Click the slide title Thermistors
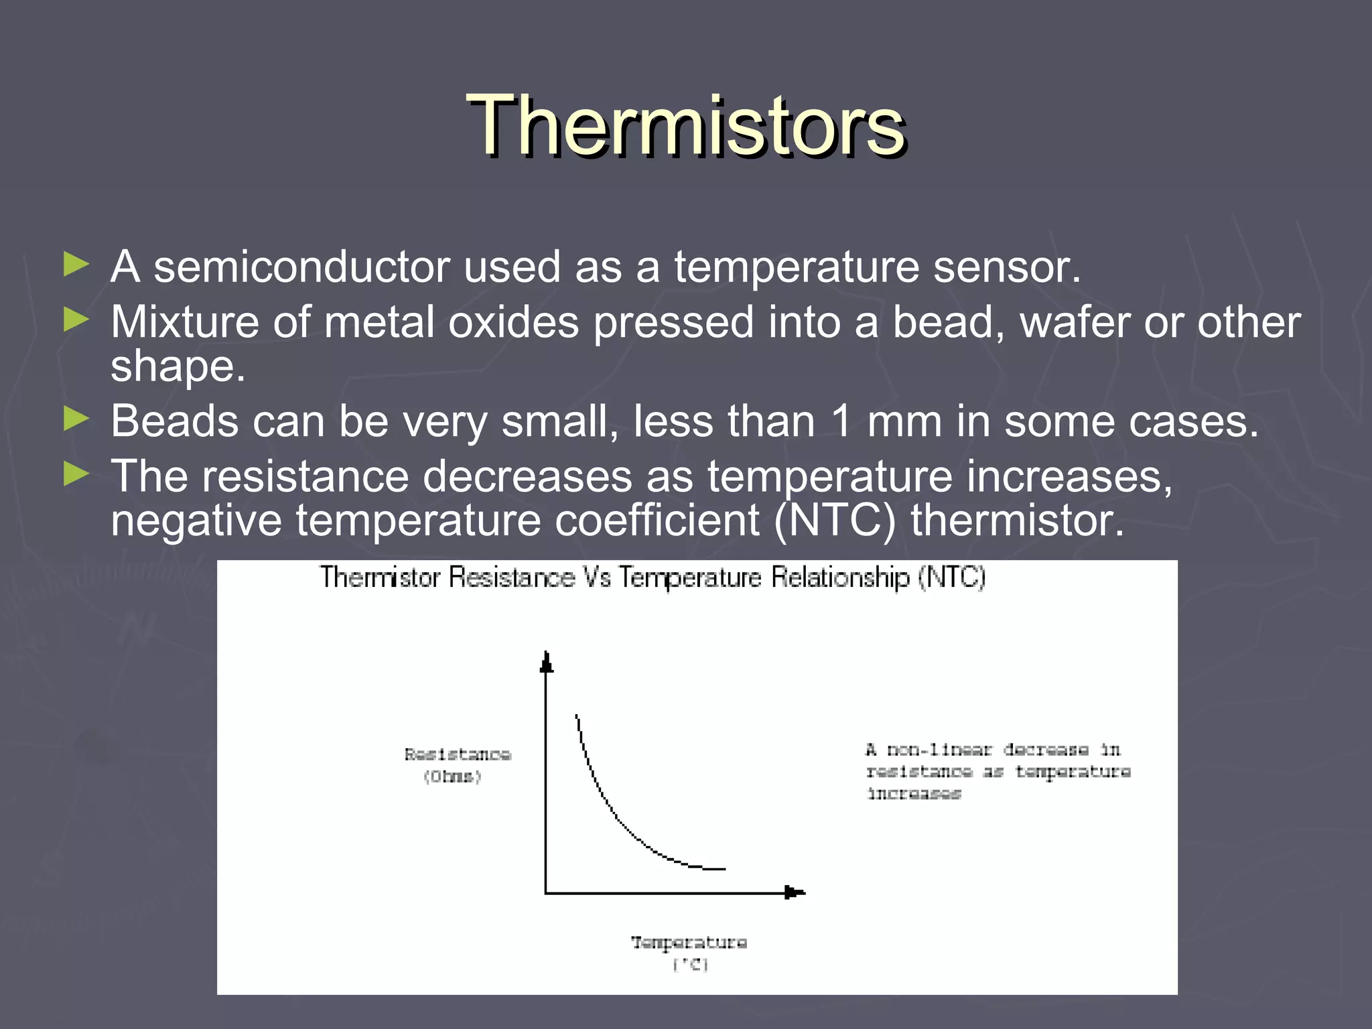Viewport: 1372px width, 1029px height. point(686,126)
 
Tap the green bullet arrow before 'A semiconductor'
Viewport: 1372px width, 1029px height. point(76,265)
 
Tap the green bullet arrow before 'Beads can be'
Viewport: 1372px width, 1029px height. point(76,419)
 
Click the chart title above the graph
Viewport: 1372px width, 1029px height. point(652,577)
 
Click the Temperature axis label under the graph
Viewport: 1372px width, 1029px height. point(689,951)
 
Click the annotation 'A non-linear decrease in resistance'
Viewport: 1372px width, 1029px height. point(997,771)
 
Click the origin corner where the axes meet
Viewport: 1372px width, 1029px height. point(547,892)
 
